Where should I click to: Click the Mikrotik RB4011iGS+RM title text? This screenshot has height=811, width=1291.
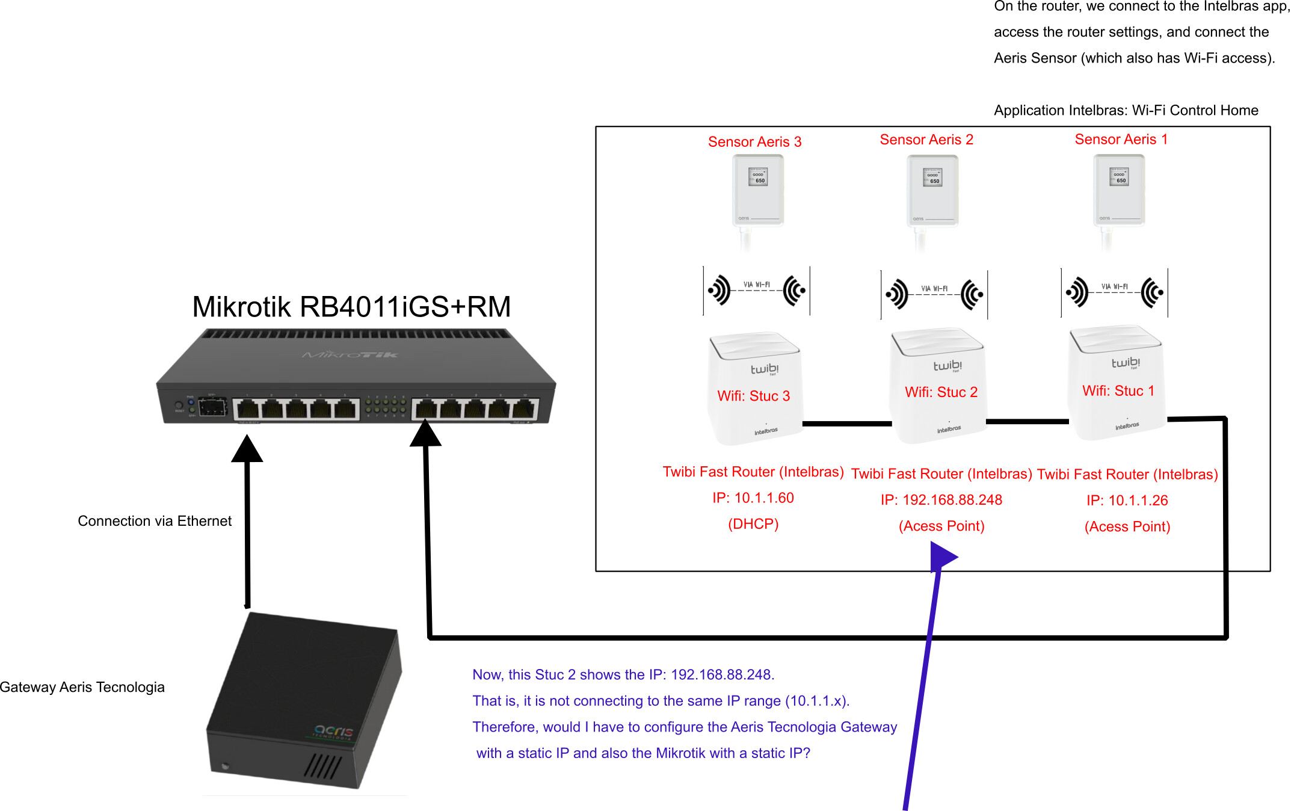click(351, 307)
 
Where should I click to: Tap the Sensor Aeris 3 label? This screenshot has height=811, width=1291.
click(754, 142)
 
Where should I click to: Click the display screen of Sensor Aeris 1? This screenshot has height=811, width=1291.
click(1119, 177)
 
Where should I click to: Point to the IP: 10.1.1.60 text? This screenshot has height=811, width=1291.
click(753, 498)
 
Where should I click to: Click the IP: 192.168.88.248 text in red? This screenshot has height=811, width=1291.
click(941, 500)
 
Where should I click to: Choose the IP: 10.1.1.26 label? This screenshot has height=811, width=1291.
click(1127, 501)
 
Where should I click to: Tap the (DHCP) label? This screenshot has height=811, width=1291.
click(753, 524)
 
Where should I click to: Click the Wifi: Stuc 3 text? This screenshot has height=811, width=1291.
click(754, 396)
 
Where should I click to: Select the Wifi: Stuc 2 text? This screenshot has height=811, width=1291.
click(941, 392)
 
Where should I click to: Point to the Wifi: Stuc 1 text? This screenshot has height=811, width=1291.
click(1118, 391)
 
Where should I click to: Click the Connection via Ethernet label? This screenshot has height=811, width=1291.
click(155, 521)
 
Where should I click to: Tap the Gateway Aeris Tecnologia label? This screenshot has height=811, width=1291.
click(82, 687)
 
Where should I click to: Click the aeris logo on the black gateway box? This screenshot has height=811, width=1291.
click(334, 731)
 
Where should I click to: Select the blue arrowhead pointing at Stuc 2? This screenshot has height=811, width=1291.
click(941, 557)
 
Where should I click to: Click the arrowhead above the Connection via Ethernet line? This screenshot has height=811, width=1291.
click(247, 449)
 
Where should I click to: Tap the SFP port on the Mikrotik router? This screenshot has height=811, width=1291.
click(212, 407)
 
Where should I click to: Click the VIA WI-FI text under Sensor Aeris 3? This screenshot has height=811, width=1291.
click(756, 285)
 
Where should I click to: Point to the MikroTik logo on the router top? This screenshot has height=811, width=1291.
click(350, 355)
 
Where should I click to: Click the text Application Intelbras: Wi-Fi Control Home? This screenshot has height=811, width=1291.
click(1126, 111)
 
